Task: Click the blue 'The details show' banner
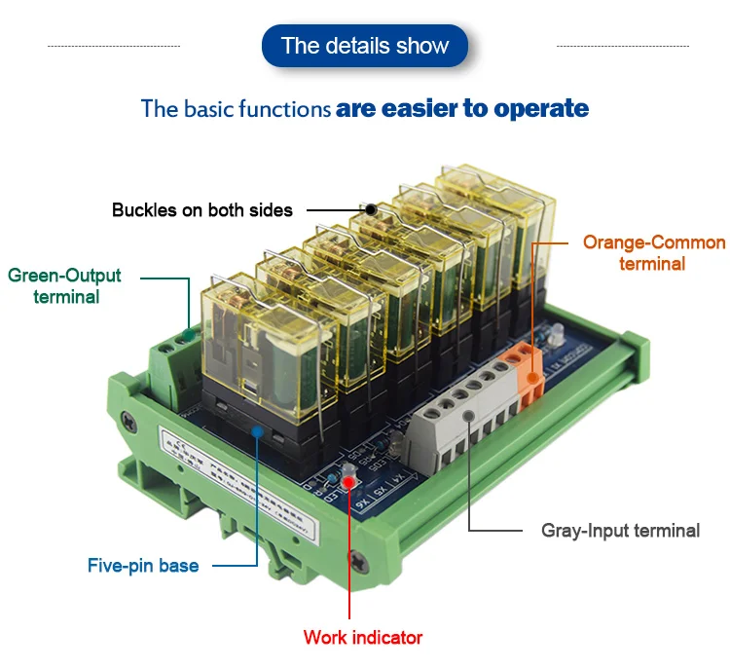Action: click(365, 46)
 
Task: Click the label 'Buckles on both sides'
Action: click(202, 209)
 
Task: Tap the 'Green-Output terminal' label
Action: click(64, 285)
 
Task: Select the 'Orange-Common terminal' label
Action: click(653, 252)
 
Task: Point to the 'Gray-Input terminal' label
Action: click(620, 531)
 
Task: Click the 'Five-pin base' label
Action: click(143, 565)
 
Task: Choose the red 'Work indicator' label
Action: click(363, 638)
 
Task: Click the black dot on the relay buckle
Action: click(371, 208)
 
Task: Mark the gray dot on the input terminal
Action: click(469, 416)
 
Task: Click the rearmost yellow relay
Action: click(487, 209)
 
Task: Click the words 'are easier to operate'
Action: click(462, 108)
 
